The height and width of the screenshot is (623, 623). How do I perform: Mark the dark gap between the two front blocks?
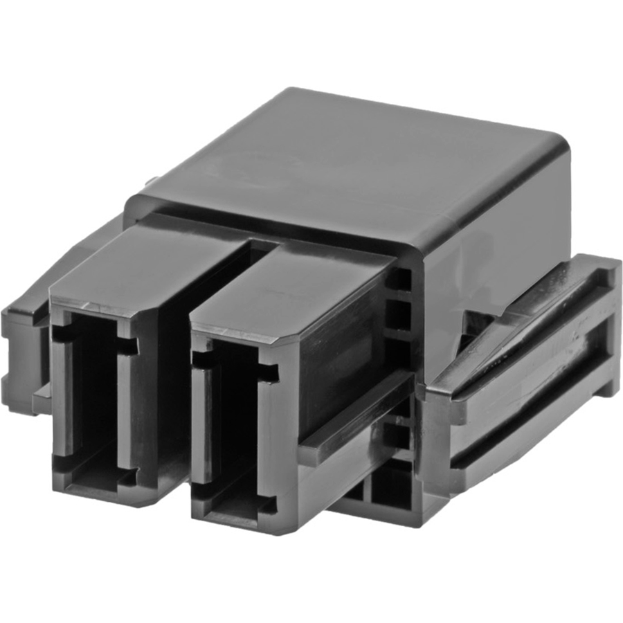click(173, 381)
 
